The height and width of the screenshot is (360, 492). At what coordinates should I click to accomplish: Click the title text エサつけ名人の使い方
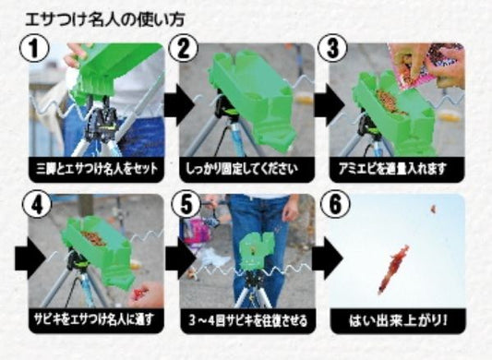point(105,19)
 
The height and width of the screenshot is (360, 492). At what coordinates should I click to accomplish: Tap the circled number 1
point(34,48)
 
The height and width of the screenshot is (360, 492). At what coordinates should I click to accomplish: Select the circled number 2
point(184,48)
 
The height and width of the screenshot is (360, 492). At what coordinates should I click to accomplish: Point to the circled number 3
point(333,48)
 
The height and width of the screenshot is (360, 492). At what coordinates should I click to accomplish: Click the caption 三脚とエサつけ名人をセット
point(97,169)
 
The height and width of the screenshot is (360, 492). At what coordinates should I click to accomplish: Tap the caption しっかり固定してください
point(242,169)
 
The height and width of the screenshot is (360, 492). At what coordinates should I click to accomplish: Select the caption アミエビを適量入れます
point(392,169)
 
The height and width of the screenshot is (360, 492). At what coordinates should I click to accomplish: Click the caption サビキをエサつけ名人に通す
point(94,319)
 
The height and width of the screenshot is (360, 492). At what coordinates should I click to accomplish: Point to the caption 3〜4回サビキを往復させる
point(248,320)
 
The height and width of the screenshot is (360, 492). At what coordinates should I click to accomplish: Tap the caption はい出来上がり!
point(398,320)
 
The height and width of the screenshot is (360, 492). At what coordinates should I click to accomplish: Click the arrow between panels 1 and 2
point(179,104)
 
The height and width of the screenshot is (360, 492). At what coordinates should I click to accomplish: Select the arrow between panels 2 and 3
point(329,104)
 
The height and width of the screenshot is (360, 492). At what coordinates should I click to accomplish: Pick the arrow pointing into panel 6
point(328,258)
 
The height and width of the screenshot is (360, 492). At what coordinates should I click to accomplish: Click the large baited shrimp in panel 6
point(393,270)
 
